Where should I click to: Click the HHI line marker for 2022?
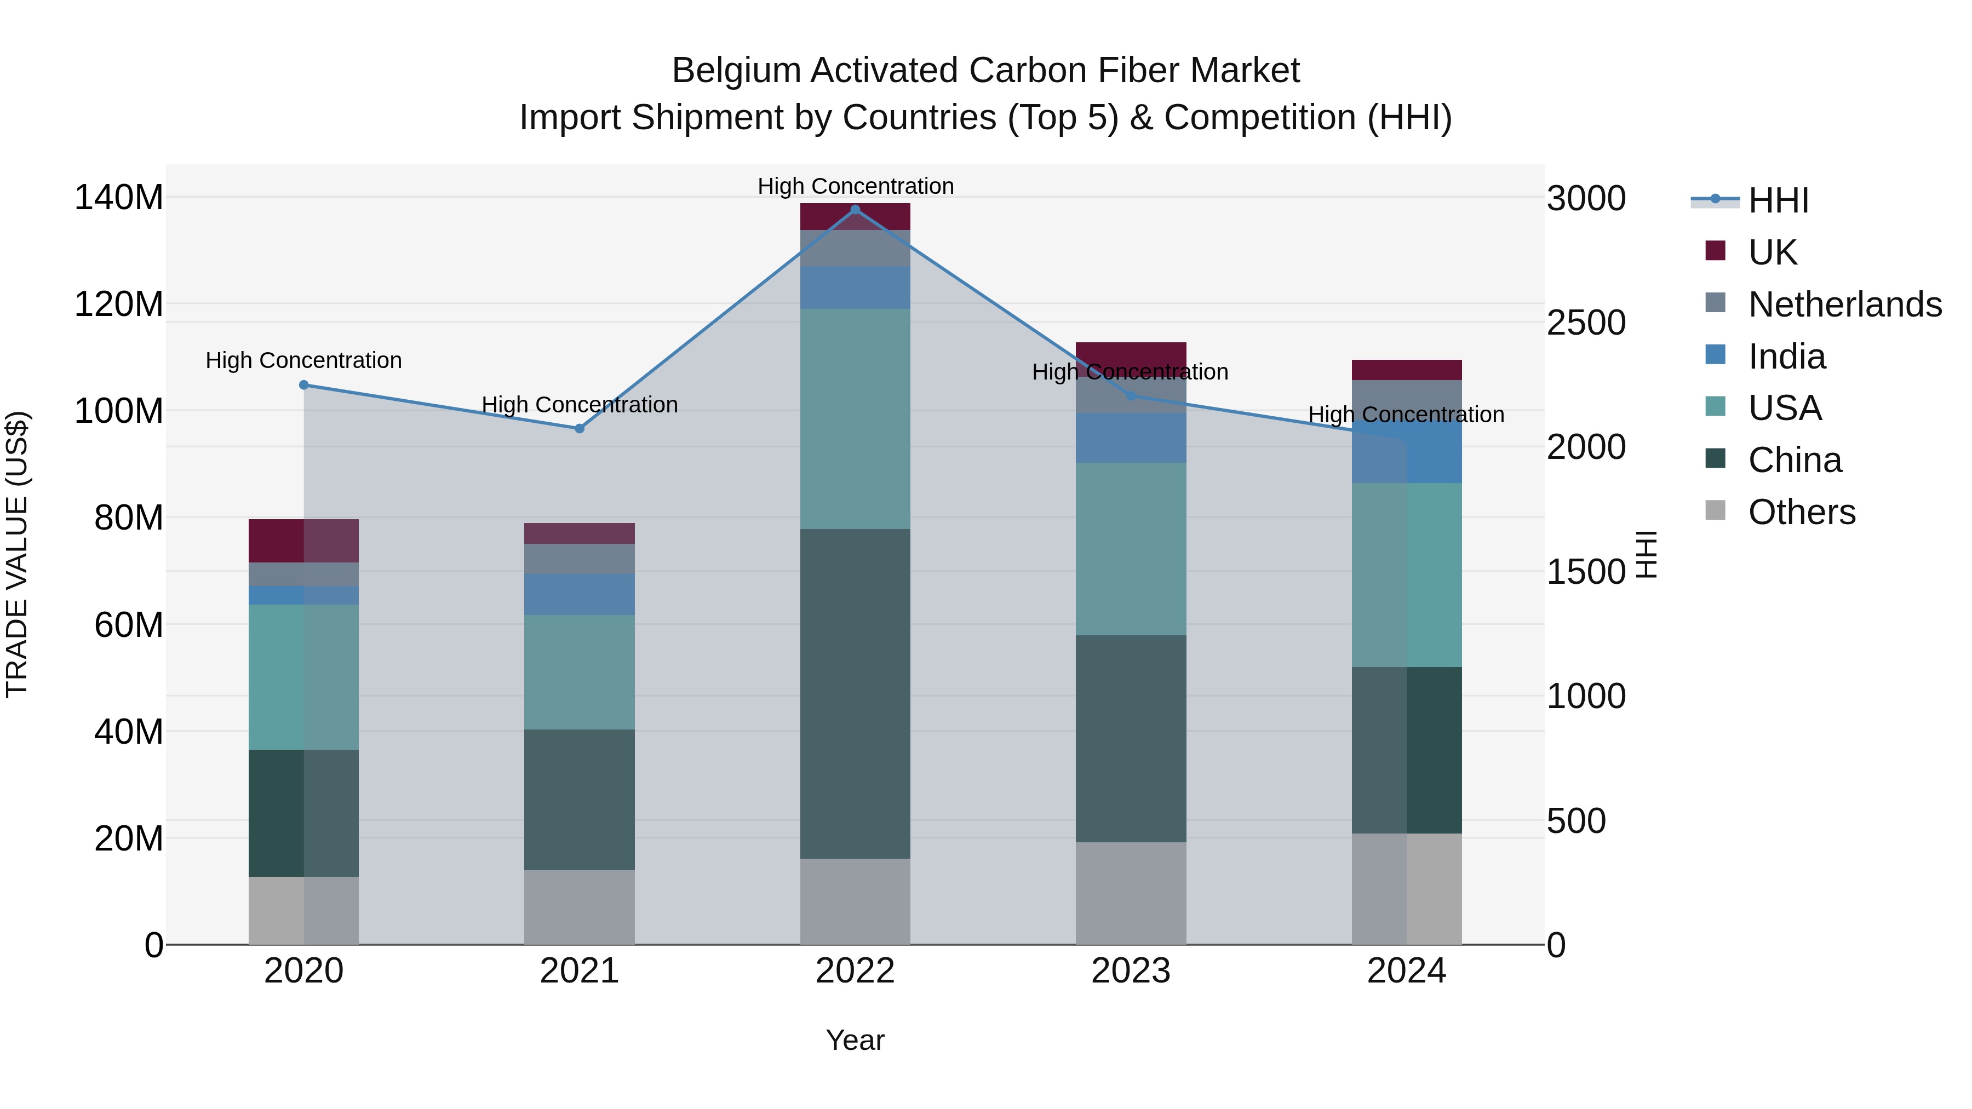pos(855,209)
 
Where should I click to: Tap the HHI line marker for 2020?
pos(304,385)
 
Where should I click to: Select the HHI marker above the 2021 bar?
pos(580,429)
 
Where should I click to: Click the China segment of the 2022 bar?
pos(855,693)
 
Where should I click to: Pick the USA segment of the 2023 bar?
pos(1131,548)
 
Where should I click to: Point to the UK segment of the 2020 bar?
pos(304,541)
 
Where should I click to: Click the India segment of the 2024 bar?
pos(1406,452)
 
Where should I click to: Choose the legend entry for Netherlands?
pos(1844,304)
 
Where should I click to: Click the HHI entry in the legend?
pos(1778,200)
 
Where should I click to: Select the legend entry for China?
pos(1795,461)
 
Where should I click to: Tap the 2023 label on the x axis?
pos(1131,971)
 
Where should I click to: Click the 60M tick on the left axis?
pos(128,624)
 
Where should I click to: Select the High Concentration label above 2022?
pos(855,186)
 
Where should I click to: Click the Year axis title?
pos(855,1040)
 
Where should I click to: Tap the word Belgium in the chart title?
pos(736,71)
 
